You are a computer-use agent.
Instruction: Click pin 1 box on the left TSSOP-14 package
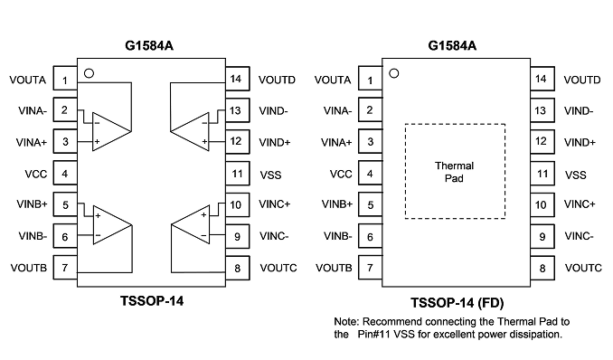coord(65,79)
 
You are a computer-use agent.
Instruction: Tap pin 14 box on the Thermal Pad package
coord(542,79)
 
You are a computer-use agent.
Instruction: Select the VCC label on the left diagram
coord(36,174)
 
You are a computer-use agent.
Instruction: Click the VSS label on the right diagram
coord(575,175)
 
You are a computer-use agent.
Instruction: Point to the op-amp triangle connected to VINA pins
coord(111,131)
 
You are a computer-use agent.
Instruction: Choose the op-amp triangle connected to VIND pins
coord(190,131)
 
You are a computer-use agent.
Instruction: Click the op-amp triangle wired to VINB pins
coord(112,225)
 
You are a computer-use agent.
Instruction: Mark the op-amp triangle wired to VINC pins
coord(191,224)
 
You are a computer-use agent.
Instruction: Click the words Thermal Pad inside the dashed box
coord(454,172)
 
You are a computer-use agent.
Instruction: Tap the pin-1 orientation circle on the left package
coord(90,73)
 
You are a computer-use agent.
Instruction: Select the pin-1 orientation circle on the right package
coord(394,73)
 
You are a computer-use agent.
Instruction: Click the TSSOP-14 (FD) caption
coord(457,302)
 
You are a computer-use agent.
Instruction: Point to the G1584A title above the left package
coord(149,46)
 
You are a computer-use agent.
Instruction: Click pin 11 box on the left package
coord(237,174)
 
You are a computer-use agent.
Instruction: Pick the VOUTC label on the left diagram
coord(278,268)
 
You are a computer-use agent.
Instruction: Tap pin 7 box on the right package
coord(370,268)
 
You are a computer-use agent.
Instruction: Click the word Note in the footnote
coord(346,322)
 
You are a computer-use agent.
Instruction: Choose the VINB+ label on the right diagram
coord(337,204)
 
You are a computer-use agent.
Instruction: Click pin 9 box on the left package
coord(237,236)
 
